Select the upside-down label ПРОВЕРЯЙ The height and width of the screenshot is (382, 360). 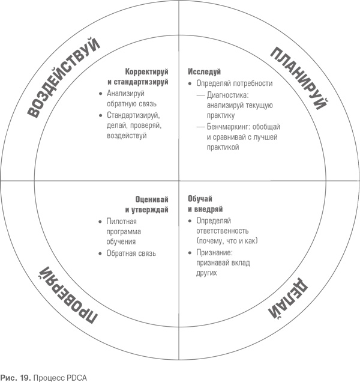[63, 295]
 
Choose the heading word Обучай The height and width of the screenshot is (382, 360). [201, 199]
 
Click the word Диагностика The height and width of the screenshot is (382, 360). [229, 95]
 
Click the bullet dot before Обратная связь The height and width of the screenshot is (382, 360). [100, 253]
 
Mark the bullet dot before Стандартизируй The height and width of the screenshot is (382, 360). [100, 115]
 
